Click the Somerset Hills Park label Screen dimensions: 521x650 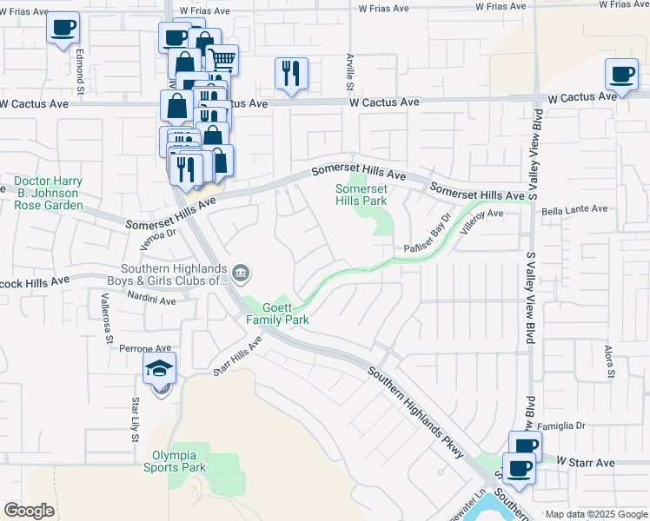pyautogui.click(x=361, y=195)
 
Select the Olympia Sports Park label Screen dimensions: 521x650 pyautogui.click(x=179, y=461)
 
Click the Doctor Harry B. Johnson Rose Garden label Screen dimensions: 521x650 pyautogui.click(x=49, y=193)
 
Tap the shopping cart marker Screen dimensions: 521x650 pyautogui.click(x=222, y=60)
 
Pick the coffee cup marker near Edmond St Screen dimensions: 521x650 pyautogui.click(x=63, y=29)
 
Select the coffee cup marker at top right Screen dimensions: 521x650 pyautogui.click(x=621, y=75)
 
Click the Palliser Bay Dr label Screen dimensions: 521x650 pyautogui.click(x=429, y=236)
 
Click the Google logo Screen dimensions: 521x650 pyautogui.click(x=29, y=511)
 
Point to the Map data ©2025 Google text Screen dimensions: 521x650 pyautogui.click(x=596, y=514)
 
